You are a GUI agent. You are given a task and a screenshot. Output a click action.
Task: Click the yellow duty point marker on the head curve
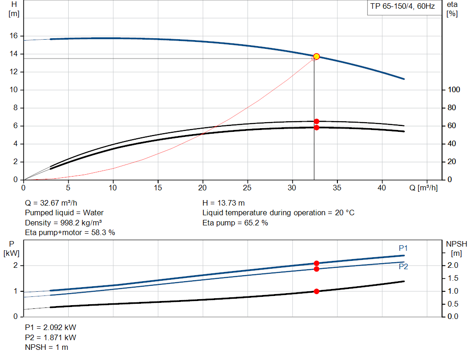click(x=316, y=56)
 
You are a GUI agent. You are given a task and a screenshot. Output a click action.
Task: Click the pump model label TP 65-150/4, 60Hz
click(x=401, y=8)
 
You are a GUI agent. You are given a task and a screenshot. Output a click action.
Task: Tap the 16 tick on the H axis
click(x=14, y=36)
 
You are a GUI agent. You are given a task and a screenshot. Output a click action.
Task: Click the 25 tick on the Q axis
click(x=248, y=188)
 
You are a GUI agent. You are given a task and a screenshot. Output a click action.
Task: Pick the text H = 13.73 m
click(x=224, y=203)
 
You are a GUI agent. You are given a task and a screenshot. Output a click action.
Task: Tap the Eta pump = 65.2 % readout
click(x=235, y=223)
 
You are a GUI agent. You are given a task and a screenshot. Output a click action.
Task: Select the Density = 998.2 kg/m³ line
click(x=63, y=223)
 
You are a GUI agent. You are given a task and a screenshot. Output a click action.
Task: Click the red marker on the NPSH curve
click(x=316, y=291)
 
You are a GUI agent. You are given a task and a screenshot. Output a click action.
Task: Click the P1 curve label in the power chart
click(x=403, y=248)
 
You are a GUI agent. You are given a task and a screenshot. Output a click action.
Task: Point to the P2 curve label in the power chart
click(x=403, y=266)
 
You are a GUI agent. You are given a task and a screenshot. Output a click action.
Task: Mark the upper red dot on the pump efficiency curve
click(x=316, y=121)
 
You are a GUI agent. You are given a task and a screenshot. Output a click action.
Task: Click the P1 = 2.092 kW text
click(x=50, y=327)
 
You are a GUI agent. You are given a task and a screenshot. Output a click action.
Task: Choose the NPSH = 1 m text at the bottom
click(x=46, y=347)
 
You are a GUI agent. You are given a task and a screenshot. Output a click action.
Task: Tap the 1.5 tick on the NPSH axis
click(x=454, y=278)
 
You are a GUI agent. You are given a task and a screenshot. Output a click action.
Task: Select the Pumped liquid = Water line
click(x=64, y=212)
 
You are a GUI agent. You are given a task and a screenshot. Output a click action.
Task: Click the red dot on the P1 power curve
click(x=316, y=263)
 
